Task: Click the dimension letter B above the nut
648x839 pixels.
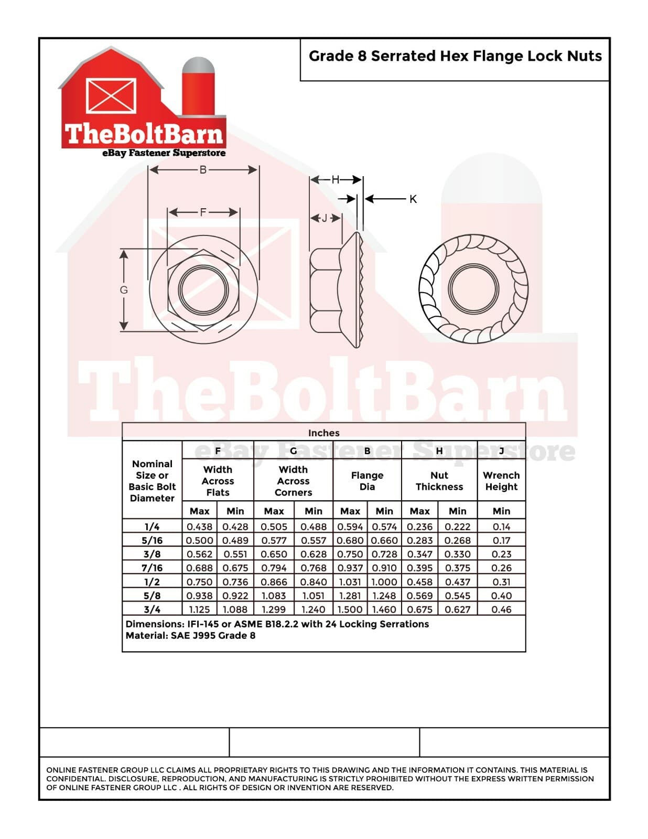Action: (x=203, y=170)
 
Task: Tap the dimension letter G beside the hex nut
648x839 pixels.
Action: (x=124, y=290)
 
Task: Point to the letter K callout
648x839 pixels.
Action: (x=413, y=199)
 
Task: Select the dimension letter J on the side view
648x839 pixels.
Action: (x=325, y=218)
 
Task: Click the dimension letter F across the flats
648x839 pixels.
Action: (x=203, y=212)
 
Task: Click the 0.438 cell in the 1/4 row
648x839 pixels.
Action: (x=199, y=526)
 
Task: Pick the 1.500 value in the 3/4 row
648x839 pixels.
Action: (x=350, y=609)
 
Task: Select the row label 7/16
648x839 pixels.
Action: (x=152, y=568)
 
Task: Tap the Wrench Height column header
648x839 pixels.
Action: (x=501, y=481)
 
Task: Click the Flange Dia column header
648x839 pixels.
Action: (x=367, y=481)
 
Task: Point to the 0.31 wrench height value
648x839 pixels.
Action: (x=501, y=582)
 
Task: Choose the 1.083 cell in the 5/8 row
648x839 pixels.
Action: (x=274, y=596)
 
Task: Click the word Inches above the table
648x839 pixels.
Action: (x=323, y=433)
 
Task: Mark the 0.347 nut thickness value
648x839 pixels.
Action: (x=419, y=554)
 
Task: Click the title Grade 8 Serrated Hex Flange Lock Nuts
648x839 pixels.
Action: (x=455, y=56)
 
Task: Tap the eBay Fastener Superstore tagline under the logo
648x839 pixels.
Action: (x=164, y=153)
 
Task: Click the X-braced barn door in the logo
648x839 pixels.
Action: (x=111, y=96)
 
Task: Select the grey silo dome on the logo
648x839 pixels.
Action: (x=198, y=66)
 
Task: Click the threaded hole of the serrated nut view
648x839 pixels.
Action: (x=473, y=289)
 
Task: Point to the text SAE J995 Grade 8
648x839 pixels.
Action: (x=213, y=636)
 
